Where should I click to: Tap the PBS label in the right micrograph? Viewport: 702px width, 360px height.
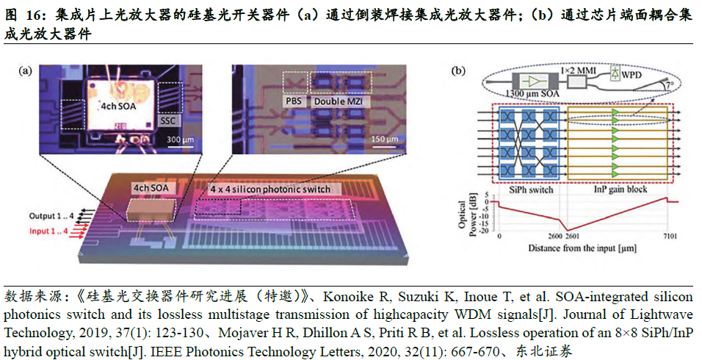294,100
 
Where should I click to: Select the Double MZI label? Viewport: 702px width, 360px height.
340,100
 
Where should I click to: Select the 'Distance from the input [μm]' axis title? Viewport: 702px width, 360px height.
580,249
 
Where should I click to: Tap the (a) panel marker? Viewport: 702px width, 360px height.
25,71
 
